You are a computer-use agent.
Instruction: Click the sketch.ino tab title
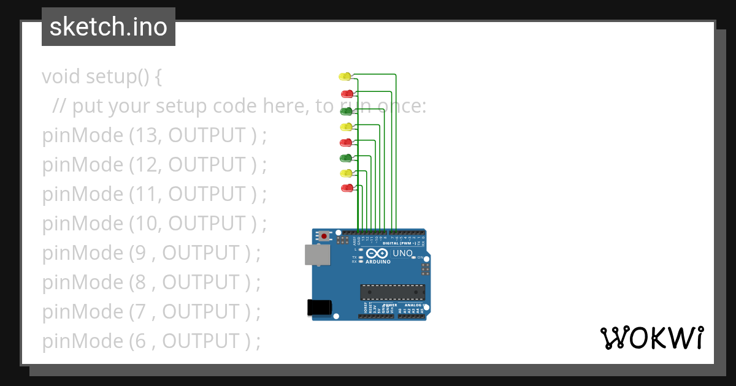pyautogui.click(x=109, y=27)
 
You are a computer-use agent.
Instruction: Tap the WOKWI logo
pyautogui.click(x=651, y=338)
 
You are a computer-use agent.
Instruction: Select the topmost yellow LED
pyautogui.click(x=345, y=77)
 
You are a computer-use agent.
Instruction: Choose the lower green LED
pyautogui.click(x=346, y=158)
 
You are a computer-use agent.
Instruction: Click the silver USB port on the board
pyautogui.click(x=317, y=255)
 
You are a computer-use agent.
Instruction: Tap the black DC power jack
pyautogui.click(x=319, y=307)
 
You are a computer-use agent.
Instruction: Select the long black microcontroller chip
pyautogui.click(x=393, y=293)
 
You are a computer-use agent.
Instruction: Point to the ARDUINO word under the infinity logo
pyautogui.click(x=378, y=262)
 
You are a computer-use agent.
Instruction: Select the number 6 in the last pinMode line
pyautogui.click(x=139, y=341)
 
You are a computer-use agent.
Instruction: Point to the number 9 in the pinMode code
pyautogui.click(x=139, y=253)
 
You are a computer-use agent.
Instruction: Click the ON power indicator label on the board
pyautogui.click(x=421, y=257)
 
